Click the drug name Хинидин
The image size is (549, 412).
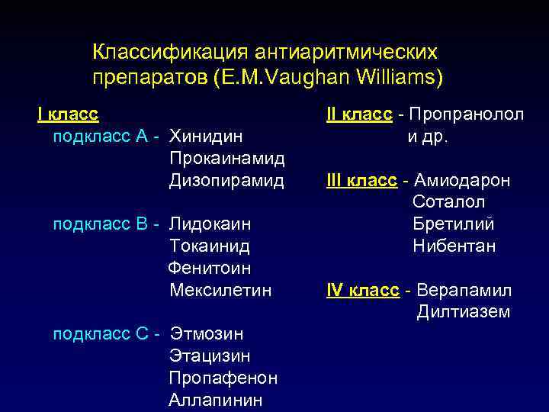point(207,137)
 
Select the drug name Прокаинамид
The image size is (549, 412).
point(227,159)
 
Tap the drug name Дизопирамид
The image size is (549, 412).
point(226,181)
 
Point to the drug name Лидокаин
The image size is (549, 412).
point(210,224)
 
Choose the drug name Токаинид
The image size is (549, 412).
point(210,246)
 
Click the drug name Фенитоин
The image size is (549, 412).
point(210,269)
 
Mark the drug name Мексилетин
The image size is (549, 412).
point(221,291)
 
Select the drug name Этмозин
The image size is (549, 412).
point(207,334)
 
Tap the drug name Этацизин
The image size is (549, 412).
point(210,356)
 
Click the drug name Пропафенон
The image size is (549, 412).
point(223,378)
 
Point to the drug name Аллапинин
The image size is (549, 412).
point(216,400)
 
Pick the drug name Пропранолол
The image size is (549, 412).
point(467,114)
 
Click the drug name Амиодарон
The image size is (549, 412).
point(462,181)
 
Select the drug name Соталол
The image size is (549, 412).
point(449,202)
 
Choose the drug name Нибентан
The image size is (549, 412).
point(454,246)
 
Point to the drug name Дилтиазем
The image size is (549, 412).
point(464,312)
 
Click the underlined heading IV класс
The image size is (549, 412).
point(362,291)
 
